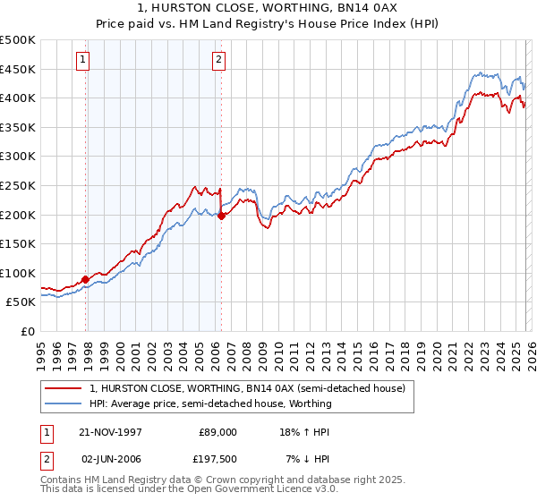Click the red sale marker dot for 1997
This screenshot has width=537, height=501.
point(86,279)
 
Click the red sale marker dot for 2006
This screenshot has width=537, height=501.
point(221,216)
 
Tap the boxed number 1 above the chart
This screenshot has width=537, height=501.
point(82,60)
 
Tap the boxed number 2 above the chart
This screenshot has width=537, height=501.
point(218,60)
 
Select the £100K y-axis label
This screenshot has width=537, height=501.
point(18,273)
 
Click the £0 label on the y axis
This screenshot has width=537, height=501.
point(27,331)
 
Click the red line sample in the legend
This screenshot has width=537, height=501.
point(64,388)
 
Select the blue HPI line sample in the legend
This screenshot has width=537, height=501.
point(64,403)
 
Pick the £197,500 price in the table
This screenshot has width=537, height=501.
point(216,460)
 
